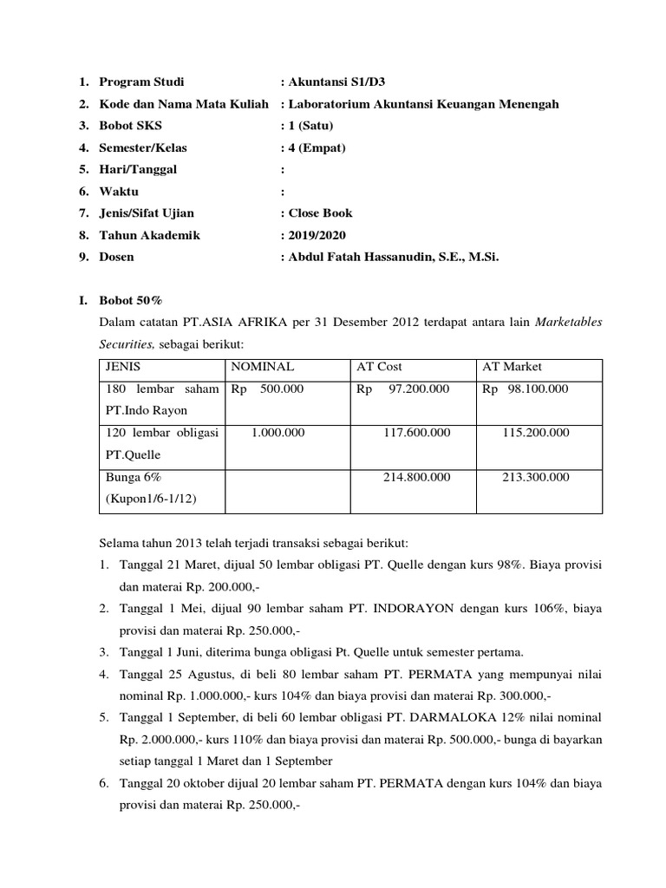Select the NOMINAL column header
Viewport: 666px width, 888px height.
(263, 367)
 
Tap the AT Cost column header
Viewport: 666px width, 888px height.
(380, 367)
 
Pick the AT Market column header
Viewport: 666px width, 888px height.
(512, 367)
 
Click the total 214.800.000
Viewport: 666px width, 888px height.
(416, 477)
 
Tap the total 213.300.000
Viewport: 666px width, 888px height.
(536, 477)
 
